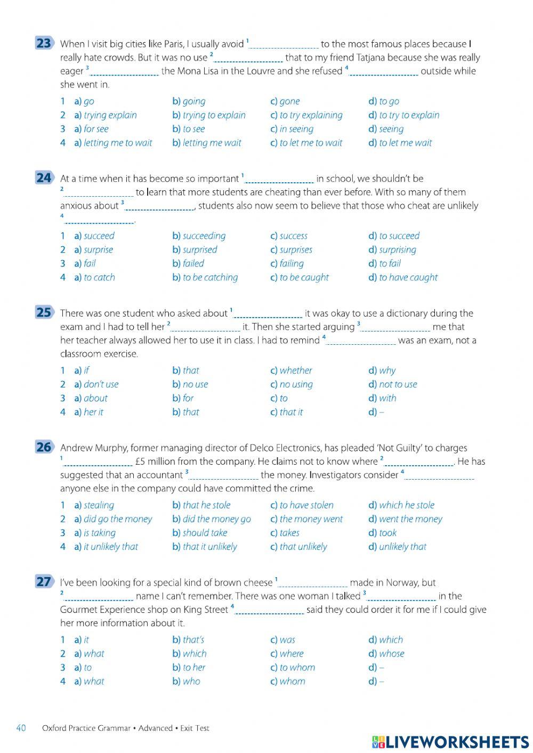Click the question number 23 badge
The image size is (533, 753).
pos(44,44)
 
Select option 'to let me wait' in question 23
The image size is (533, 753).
pos(405,143)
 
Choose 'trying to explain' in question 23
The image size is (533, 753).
pos(214,115)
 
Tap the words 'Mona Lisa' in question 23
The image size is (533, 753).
pos(196,71)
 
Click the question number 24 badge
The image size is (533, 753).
pos(44,178)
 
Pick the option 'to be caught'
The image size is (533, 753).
pos(304,277)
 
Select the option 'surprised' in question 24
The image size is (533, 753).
pos(200,249)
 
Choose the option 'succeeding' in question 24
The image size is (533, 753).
pos(204,236)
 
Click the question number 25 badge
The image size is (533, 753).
pos(44,313)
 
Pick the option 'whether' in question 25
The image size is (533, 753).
pos(296,370)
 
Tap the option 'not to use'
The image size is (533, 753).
pos(398,384)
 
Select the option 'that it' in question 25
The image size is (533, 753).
pos(291,412)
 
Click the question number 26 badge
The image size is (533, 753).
pos(44,448)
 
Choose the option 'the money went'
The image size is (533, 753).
pos(311,519)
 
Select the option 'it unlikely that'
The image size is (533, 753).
pos(110,547)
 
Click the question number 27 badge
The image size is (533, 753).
pos(44,582)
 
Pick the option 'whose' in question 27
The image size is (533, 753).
pos(391,653)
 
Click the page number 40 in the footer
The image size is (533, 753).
pos(21,728)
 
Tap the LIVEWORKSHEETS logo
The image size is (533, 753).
pos(450,742)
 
